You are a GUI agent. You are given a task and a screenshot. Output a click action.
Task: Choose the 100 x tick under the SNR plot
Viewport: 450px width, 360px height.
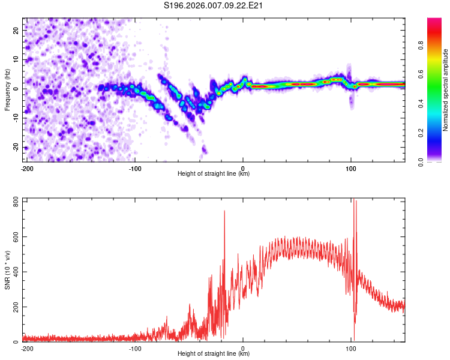point(351,349)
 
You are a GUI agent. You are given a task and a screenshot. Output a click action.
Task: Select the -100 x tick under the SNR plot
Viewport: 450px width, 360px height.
point(134,349)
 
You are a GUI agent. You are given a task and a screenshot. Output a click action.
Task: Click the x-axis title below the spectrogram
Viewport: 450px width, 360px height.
point(214,174)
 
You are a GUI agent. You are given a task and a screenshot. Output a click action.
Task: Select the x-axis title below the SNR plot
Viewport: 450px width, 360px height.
point(214,354)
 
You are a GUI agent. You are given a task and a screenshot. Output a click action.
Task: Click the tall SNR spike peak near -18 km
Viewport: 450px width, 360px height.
point(224,211)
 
